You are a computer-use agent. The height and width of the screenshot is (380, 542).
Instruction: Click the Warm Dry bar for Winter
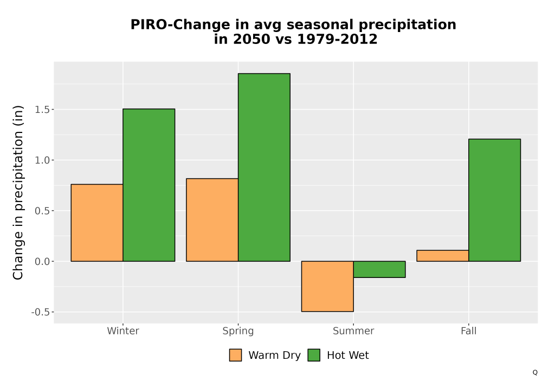coord(97,223)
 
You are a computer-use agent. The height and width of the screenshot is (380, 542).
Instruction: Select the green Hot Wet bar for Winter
coord(149,185)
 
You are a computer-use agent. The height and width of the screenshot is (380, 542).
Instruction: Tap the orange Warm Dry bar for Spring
coord(212,220)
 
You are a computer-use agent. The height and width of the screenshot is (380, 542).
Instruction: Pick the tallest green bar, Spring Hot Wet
coord(264,167)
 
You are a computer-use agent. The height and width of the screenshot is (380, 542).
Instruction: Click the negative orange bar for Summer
coord(327,286)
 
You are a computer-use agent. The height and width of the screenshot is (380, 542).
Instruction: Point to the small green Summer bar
coord(379,269)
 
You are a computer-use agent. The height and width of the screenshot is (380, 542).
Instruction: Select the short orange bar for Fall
coord(442,256)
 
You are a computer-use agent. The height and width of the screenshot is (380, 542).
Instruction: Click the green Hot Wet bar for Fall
coord(495,200)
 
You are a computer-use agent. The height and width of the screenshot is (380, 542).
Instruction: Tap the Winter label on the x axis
coord(123,331)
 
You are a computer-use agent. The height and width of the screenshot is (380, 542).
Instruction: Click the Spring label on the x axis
coord(238,331)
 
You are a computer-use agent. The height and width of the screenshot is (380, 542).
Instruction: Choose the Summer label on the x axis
coord(353,331)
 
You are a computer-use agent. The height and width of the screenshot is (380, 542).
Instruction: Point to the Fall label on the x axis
coord(469,331)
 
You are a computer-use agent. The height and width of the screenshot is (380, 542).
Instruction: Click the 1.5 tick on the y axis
coord(42,110)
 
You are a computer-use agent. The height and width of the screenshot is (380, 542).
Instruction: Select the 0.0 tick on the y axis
coord(42,262)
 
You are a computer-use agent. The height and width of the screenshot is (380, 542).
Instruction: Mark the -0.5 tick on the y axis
coord(41,312)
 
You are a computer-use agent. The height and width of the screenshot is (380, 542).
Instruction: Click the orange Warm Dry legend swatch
coord(235,355)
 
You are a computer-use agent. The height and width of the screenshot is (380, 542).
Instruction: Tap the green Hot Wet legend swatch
coord(314,355)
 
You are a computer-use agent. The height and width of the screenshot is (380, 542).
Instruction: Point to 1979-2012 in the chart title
coord(337,39)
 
